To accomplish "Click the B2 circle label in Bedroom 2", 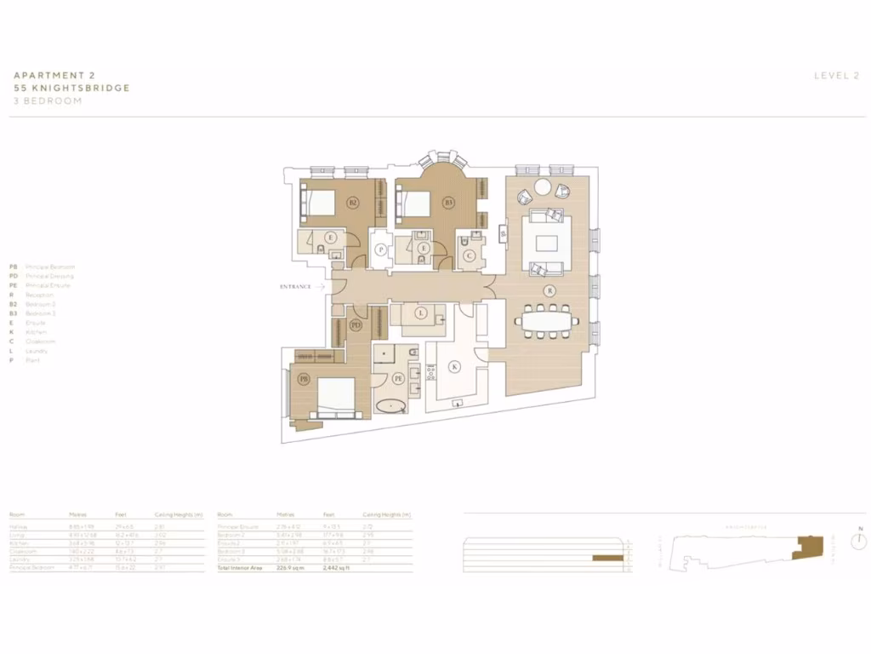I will [x=353, y=203].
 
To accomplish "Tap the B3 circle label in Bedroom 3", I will [x=448, y=203].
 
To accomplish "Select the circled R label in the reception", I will [x=550, y=290].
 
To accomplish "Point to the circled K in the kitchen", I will [x=454, y=366].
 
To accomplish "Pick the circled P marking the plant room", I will [x=382, y=250].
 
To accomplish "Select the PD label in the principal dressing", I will [x=356, y=325].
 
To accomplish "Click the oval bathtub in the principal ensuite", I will [x=391, y=405].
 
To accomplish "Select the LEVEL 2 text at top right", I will [x=836, y=76].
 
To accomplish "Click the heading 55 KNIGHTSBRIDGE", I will [x=71, y=88].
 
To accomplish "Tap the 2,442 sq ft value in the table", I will [x=336, y=567].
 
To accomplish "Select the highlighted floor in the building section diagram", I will [x=608, y=557].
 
